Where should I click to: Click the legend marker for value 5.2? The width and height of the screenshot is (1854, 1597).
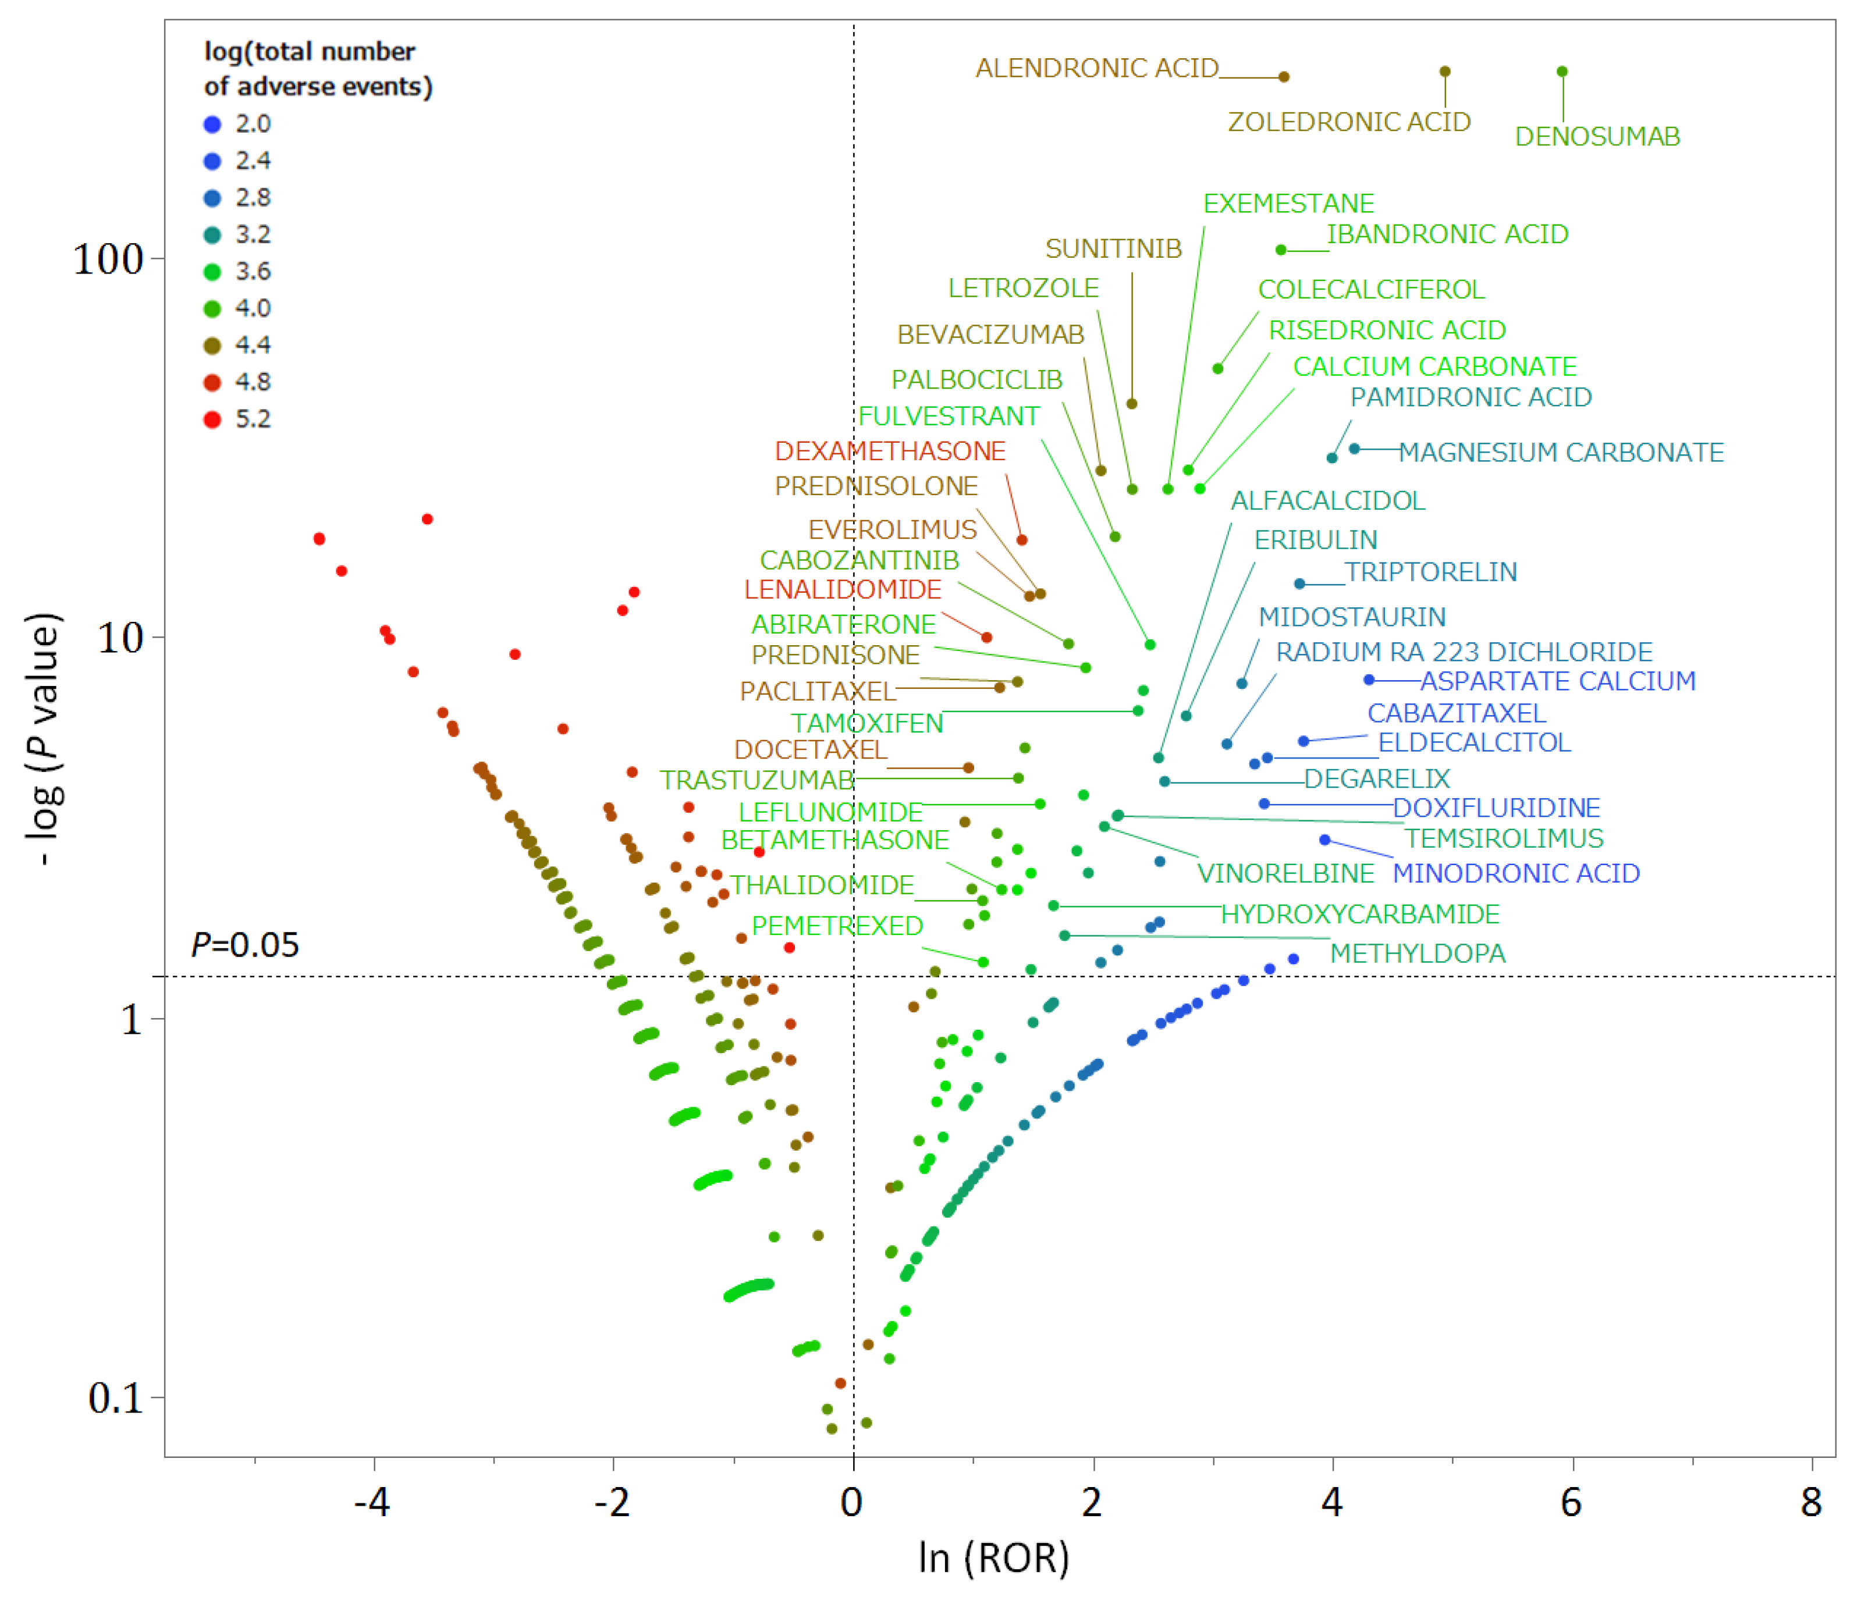tap(212, 419)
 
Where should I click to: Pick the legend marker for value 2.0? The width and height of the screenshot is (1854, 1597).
tap(212, 125)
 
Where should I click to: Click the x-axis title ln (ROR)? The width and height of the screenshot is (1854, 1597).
tap(993, 1557)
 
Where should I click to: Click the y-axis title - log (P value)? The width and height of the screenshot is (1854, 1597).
tap(43, 739)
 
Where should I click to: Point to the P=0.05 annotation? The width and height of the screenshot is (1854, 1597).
tap(245, 945)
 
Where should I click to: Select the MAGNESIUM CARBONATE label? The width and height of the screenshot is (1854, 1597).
tap(1561, 453)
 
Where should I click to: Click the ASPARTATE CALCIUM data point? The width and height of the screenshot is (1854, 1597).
tap(1368, 680)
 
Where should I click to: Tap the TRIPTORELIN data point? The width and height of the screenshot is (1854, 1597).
tap(1299, 584)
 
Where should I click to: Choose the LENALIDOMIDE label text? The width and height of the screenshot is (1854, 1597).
tap(842, 589)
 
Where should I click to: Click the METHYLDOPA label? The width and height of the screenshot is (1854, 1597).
tap(1418, 954)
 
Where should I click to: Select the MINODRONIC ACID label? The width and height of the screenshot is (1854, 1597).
tap(1516, 873)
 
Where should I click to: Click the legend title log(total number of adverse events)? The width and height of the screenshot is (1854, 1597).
tap(318, 69)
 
